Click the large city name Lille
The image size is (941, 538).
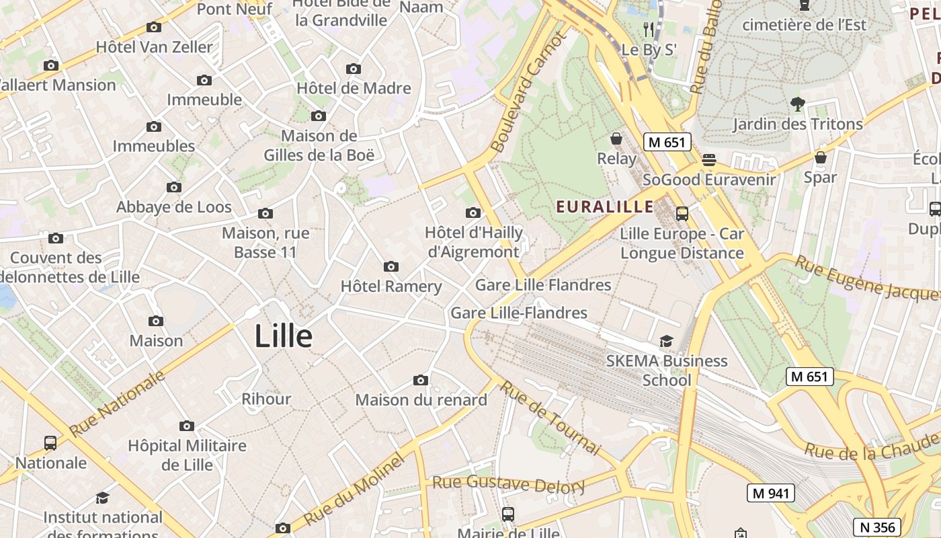coord(283,336)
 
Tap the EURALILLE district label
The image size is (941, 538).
coord(605,206)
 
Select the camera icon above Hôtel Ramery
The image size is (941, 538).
coord(391,267)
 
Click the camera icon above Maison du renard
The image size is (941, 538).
coord(421,381)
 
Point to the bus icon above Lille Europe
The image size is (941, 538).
coord(682,214)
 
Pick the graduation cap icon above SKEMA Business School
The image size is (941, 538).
coord(666,342)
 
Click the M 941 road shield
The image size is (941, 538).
coord(770,493)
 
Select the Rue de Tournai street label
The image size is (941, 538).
coord(549,417)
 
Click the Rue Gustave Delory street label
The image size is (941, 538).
coord(508,484)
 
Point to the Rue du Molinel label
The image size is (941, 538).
coord(354,489)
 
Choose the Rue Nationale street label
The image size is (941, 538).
coord(117,402)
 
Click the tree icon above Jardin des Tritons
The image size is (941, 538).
coord(798,104)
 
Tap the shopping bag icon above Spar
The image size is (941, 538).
coord(820,158)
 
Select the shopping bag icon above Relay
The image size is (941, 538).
coord(616,139)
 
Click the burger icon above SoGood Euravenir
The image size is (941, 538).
coord(709,160)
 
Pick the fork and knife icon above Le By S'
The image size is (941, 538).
coord(649,30)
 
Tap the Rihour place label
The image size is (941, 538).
coord(266,399)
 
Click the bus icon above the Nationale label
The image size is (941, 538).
coord(50,443)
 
